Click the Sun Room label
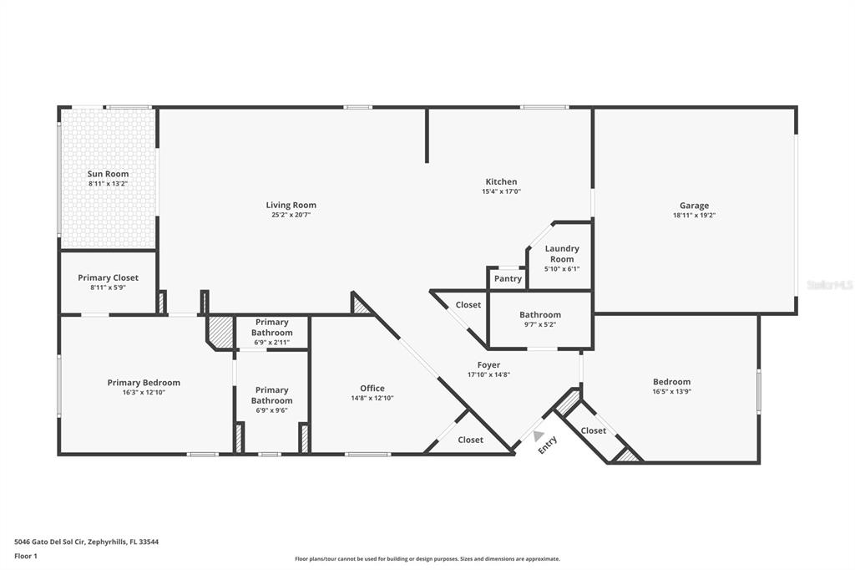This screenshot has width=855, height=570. [108, 174]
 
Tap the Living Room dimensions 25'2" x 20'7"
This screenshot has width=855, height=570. [291, 215]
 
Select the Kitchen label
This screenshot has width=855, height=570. [501, 181]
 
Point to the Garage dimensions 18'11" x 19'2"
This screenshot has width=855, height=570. [694, 215]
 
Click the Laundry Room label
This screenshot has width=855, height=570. [562, 254]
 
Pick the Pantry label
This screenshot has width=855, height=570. [508, 278]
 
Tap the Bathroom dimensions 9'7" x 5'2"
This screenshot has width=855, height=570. [540, 324]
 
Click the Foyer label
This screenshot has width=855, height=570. [488, 364]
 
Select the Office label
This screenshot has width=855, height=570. [372, 388]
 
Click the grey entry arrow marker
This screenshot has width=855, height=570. [538, 435]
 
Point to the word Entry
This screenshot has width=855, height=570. [548, 445]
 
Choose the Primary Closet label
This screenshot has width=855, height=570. [108, 277]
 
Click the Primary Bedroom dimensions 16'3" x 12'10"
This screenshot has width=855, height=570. [144, 393]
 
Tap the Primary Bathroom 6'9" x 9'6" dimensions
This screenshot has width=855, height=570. [271, 410]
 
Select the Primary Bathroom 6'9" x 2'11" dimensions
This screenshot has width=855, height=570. [271, 343]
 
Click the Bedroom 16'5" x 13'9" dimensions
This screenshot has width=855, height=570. [672, 391]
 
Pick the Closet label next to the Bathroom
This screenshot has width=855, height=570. [468, 305]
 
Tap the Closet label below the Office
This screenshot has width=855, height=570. [471, 440]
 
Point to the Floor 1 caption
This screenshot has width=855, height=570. [26, 557]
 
